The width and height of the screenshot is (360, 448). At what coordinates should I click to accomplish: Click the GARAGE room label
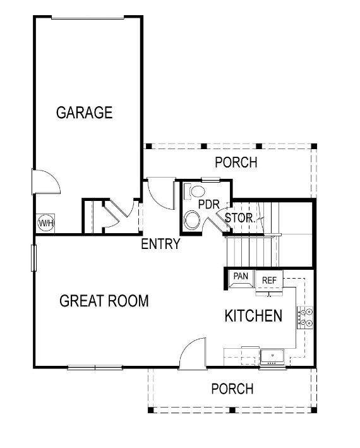point(84,112)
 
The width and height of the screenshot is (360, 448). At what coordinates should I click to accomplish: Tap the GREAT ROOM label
point(104,301)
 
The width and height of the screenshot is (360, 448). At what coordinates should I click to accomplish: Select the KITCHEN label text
point(253,316)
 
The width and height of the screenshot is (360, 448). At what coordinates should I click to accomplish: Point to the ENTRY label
point(160,244)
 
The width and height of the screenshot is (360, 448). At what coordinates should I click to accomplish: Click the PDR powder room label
point(209,205)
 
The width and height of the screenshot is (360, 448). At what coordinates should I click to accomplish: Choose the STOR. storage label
point(240,218)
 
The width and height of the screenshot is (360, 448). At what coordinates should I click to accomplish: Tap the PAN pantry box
point(241,278)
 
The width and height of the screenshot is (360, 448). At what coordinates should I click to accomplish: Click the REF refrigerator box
point(269,281)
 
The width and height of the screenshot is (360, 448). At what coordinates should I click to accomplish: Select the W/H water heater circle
point(45,223)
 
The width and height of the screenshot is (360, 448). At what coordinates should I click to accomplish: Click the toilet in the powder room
point(194,191)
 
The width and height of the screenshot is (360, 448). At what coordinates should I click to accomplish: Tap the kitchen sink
point(272,357)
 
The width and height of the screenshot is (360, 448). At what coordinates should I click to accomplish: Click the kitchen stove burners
point(305,318)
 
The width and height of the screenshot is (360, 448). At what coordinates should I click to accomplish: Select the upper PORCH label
point(236,162)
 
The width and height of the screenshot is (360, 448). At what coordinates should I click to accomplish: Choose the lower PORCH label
point(232,389)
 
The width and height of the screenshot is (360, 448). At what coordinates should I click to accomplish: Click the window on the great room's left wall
point(33,258)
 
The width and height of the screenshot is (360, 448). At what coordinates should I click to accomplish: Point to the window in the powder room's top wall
point(211,180)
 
